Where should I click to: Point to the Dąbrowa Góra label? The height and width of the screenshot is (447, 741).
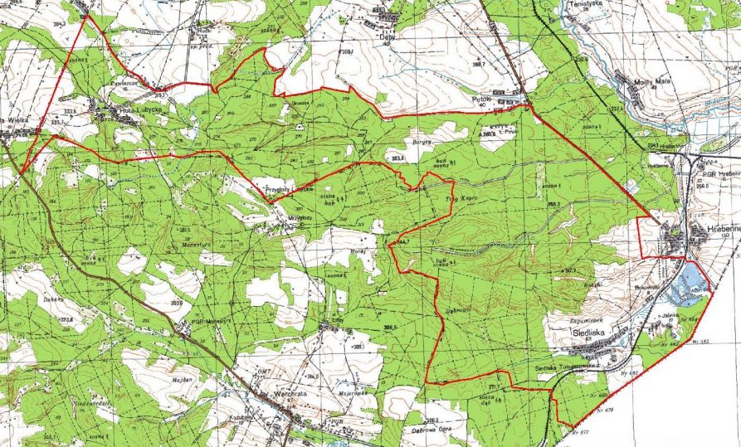(429, 430)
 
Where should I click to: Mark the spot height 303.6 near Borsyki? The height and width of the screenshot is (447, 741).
(397, 158)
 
